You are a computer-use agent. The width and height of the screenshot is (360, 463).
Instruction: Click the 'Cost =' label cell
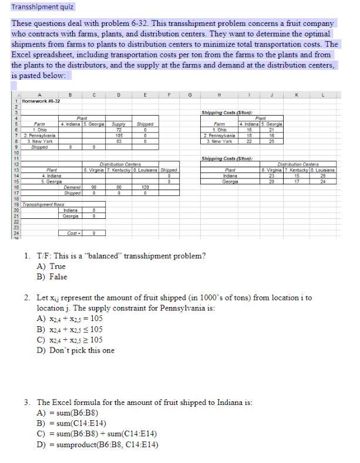coord(72,232)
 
